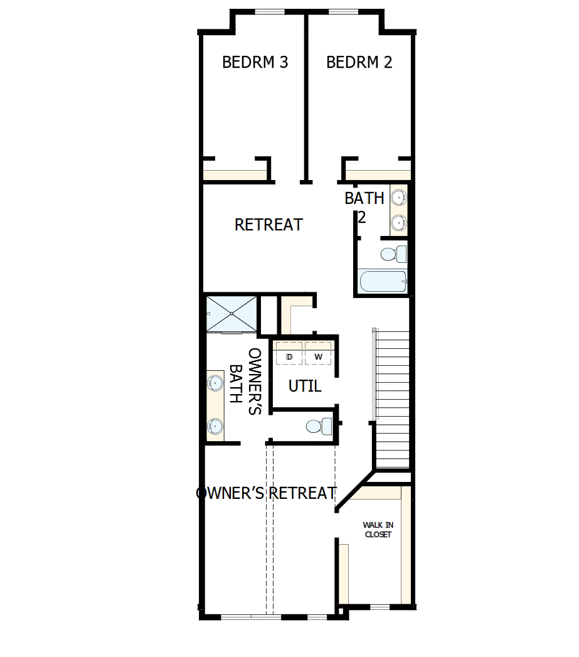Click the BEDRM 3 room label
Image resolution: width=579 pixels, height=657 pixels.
tap(255, 62)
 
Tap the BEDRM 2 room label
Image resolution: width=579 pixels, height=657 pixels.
tap(359, 62)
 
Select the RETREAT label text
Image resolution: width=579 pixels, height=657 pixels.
tap(268, 225)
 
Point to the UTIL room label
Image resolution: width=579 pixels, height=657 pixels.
tap(305, 387)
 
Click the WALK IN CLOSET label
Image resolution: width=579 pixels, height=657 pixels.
tap(378, 530)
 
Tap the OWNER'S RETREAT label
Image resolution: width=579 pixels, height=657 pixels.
tap(267, 493)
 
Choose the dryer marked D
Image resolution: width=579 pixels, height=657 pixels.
tap(289, 356)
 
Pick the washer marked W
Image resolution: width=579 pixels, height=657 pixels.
tap(318, 356)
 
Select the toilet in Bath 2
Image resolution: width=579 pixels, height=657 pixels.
tap(393, 254)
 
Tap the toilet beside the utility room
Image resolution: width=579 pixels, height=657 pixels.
tap(317, 426)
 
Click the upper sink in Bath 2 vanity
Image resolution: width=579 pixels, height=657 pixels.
tap(398, 198)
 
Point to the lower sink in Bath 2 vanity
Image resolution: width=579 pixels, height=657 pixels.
tap(398, 221)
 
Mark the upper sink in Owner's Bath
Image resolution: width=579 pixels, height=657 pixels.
tap(215, 382)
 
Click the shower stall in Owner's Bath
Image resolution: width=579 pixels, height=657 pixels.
tap(231, 313)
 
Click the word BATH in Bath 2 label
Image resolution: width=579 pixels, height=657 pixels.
tap(364, 198)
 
